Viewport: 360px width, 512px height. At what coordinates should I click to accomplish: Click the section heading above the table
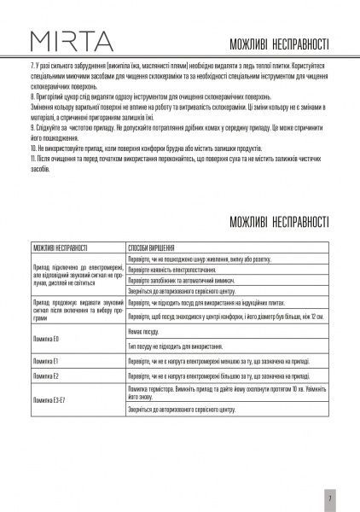[x=280, y=223]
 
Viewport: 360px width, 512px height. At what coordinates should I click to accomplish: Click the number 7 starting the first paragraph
[x=31, y=66]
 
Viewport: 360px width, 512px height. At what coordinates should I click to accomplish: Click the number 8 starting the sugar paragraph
[x=31, y=100]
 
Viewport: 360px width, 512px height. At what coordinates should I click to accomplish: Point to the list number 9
[x=31, y=126]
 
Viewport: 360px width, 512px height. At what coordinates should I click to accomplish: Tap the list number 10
[x=32, y=148]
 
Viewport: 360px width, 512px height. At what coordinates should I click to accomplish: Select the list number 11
[x=32, y=158]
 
